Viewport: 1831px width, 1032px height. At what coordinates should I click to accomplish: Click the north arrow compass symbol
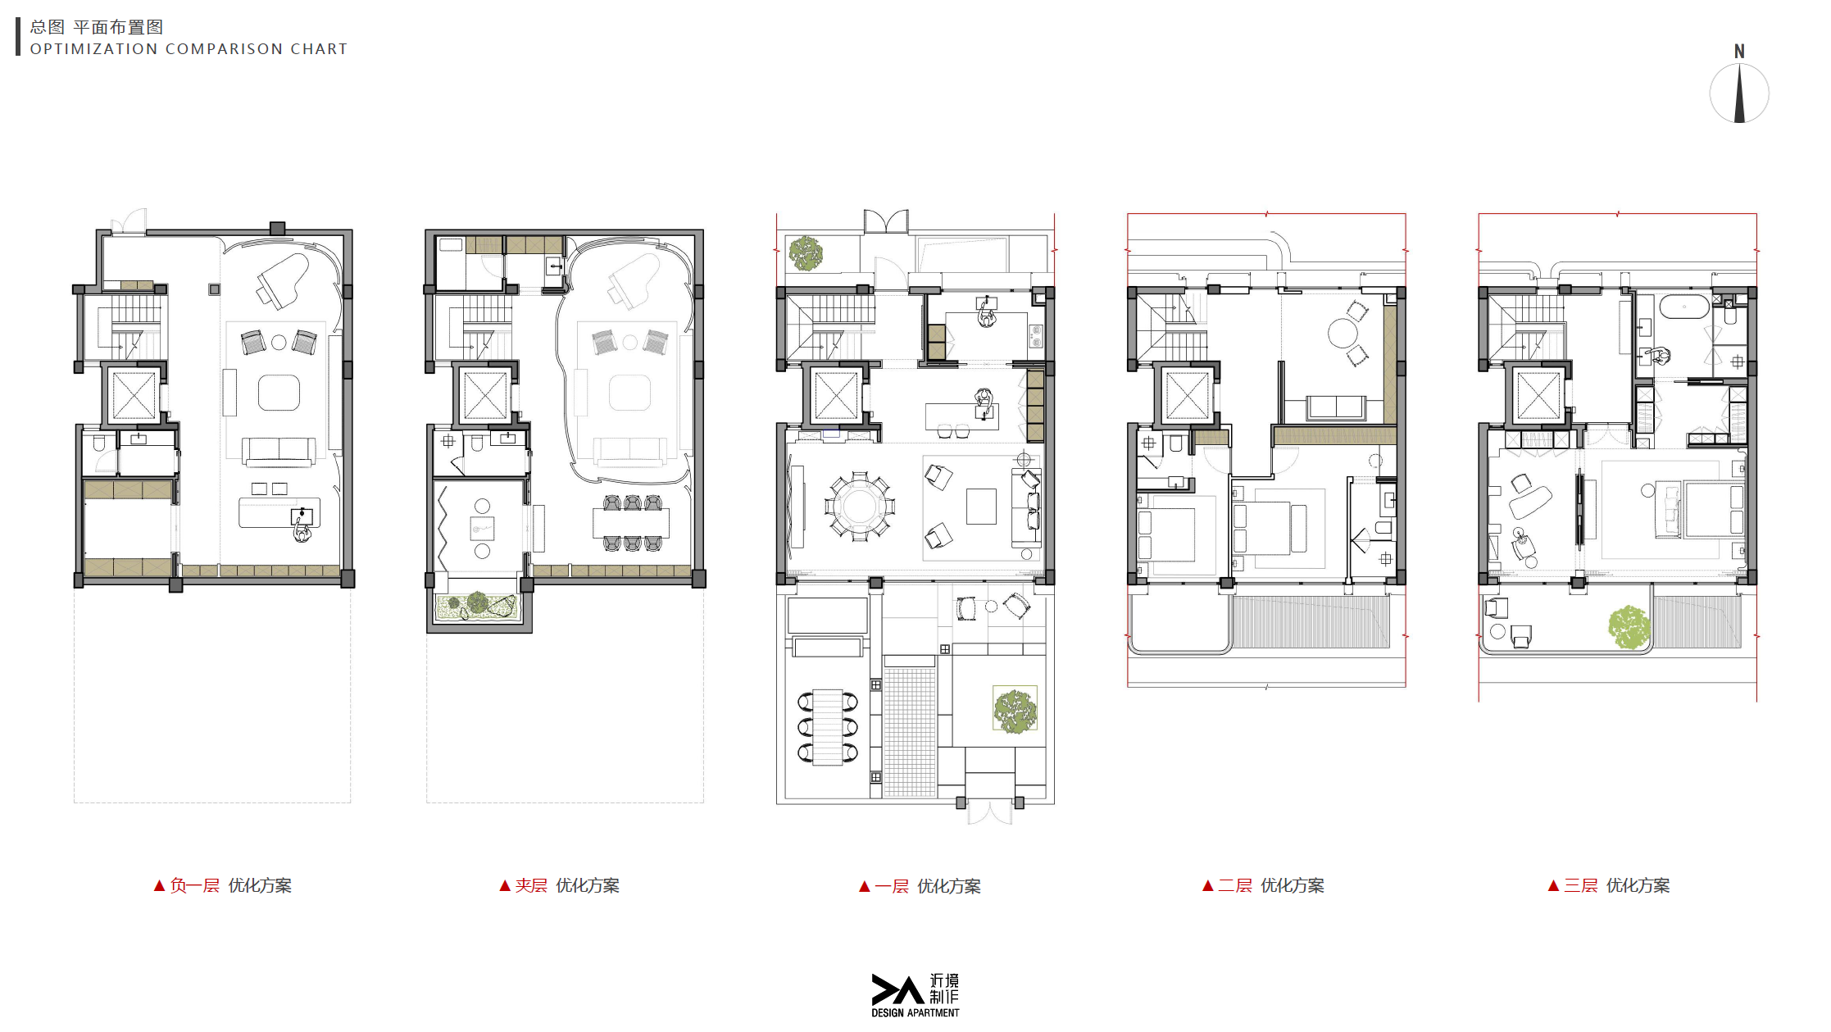pyautogui.click(x=1739, y=85)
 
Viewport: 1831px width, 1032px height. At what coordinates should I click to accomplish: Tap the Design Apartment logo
pyautogui.click(x=915, y=995)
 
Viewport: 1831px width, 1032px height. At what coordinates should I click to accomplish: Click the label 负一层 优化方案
pyautogui.click(x=223, y=885)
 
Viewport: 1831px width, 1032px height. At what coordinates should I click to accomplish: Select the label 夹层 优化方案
pyautogui.click(x=560, y=885)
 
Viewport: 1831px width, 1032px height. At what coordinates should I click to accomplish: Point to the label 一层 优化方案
pyautogui.click(x=920, y=886)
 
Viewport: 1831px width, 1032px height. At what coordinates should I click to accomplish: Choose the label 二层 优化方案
pyautogui.click(x=1263, y=885)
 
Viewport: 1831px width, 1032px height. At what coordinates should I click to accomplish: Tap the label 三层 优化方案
pyautogui.click(x=1609, y=885)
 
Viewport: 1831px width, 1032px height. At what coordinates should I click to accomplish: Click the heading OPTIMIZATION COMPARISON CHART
pyautogui.click(x=189, y=49)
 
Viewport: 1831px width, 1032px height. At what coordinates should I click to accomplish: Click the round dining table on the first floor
pyautogui.click(x=860, y=506)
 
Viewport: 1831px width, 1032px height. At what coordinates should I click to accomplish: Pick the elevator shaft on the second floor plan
pyautogui.click(x=1188, y=395)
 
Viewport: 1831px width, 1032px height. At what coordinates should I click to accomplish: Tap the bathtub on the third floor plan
pyautogui.click(x=1684, y=307)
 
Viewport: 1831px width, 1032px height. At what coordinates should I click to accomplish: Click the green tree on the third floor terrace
pyautogui.click(x=1629, y=627)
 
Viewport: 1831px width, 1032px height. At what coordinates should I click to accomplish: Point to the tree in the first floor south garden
pyautogui.click(x=1015, y=710)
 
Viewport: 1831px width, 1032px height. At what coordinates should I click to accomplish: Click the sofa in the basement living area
pyautogui.click(x=279, y=451)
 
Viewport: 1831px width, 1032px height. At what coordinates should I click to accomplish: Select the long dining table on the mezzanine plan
pyautogui.click(x=631, y=523)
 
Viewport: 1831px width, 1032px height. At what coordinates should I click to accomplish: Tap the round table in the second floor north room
pyautogui.click(x=1343, y=334)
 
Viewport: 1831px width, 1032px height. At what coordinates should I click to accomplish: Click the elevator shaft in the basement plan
pyautogui.click(x=134, y=395)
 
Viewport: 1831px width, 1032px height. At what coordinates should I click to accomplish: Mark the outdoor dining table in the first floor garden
pyautogui.click(x=828, y=727)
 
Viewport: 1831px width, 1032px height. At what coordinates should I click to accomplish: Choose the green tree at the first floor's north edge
pyautogui.click(x=806, y=253)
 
